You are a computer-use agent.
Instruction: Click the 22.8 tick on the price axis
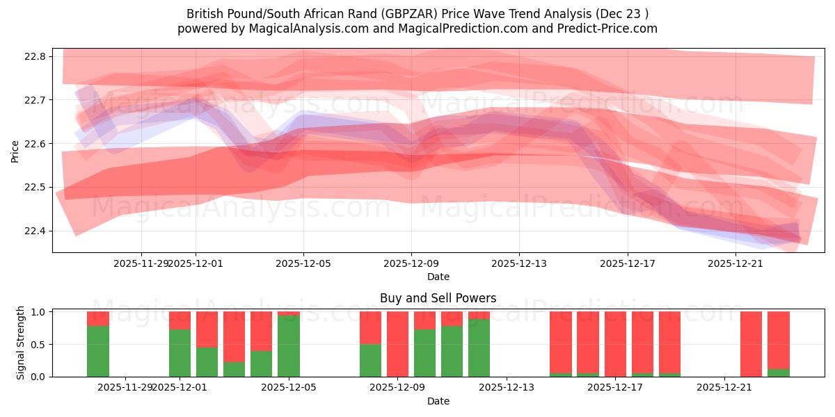(35, 56)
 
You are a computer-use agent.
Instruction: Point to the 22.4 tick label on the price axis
(35, 231)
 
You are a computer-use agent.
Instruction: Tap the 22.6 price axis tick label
(35, 144)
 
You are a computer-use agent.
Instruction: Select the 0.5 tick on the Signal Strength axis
(39, 344)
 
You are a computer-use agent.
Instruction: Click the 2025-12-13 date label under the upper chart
(519, 263)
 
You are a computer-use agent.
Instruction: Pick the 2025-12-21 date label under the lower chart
(724, 387)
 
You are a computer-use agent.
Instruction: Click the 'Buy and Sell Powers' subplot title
(438, 298)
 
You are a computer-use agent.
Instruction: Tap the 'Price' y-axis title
(15, 150)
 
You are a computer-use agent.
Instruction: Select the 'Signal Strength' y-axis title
(21, 343)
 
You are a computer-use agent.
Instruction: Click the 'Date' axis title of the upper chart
(438, 277)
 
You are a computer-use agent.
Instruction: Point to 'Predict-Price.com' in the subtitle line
(611, 28)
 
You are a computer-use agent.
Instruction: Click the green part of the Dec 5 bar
(289, 346)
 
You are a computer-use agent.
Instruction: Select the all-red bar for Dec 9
(397, 344)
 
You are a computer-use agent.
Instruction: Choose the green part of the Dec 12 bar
(479, 347)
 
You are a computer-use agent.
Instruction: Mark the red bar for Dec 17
(615, 344)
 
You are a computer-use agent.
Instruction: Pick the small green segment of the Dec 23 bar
(779, 373)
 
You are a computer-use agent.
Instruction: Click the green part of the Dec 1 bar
(180, 353)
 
